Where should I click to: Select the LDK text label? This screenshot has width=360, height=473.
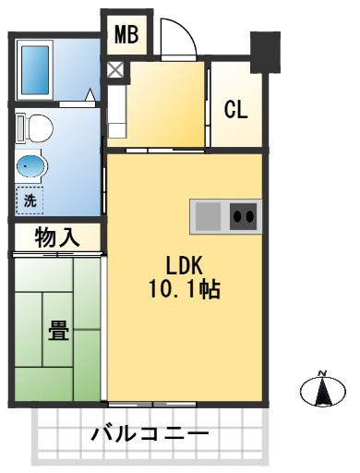(x=184, y=264)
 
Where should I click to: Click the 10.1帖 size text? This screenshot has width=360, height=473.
(x=184, y=288)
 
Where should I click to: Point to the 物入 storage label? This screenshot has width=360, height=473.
(x=56, y=237)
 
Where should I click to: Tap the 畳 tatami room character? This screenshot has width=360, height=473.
(x=58, y=329)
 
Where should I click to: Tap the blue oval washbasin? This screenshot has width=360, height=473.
(x=31, y=167)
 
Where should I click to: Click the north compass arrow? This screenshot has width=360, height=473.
(x=323, y=391)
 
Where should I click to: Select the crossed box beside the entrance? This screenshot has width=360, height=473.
(x=116, y=69)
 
